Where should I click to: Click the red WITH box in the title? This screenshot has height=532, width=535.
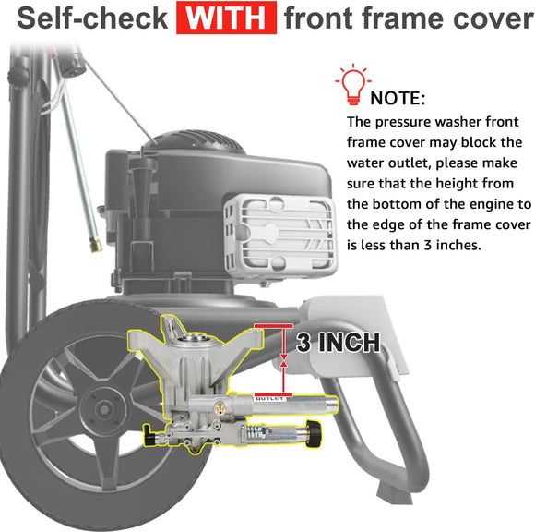tap(226, 18)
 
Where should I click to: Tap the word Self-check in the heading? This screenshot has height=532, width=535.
tap(92, 18)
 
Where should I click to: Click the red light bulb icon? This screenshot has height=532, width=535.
tap(353, 84)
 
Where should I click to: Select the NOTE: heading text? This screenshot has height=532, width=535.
tap(398, 99)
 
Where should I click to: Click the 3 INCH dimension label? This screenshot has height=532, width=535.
tap(338, 343)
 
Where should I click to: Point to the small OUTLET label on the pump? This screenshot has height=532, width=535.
tap(269, 399)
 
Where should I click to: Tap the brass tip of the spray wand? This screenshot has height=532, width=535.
tap(96, 246)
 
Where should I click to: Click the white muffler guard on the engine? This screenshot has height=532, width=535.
tap(279, 236)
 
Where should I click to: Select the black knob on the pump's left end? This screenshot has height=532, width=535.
tap(149, 435)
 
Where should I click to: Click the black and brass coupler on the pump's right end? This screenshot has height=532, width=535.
tap(313, 433)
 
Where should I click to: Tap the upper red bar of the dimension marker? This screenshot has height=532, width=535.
tap(273, 326)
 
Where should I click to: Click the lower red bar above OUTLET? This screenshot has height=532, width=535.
tap(273, 394)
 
